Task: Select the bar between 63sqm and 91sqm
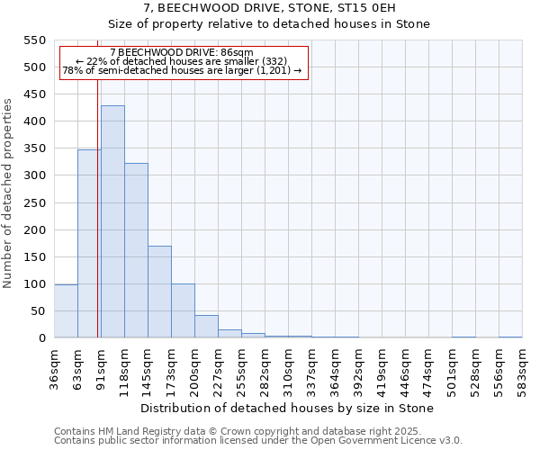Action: (89, 243)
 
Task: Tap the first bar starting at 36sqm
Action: (66, 310)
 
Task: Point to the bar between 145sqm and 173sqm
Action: (159, 292)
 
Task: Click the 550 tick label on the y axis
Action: (35, 40)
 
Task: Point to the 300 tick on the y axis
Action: (35, 175)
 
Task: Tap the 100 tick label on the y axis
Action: (35, 284)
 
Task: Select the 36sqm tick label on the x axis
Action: (55, 364)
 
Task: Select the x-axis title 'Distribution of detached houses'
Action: (288, 409)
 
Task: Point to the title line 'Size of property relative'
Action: (270, 24)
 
